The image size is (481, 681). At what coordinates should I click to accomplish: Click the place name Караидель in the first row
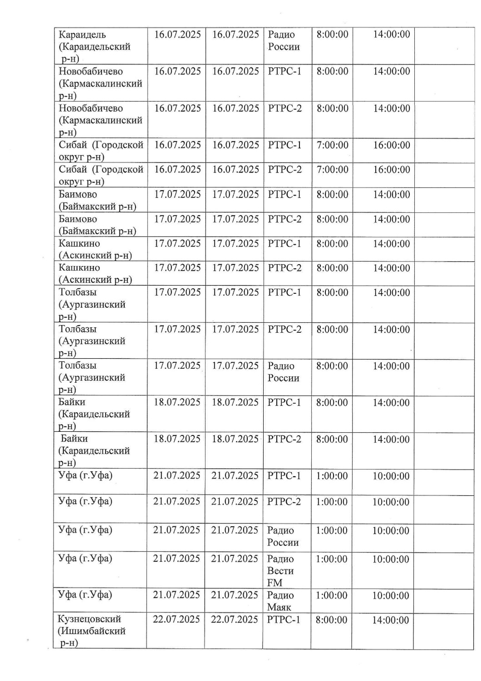pyautogui.click(x=82, y=35)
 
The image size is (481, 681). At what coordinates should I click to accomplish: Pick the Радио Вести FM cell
pyautogui.click(x=280, y=571)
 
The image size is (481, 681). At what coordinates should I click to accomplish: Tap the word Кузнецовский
pyautogui.click(x=89, y=619)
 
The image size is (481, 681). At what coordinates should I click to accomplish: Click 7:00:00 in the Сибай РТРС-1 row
pyautogui.click(x=332, y=145)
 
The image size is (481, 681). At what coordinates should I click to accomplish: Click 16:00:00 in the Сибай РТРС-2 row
pyautogui.click(x=391, y=170)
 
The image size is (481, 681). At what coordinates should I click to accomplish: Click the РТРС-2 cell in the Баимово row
pyautogui.click(x=285, y=219)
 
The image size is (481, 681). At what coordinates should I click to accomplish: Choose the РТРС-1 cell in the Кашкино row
pyautogui.click(x=285, y=243)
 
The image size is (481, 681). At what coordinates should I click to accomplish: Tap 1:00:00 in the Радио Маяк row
pyautogui.click(x=331, y=595)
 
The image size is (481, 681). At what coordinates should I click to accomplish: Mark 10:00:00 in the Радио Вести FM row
pyautogui.click(x=391, y=559)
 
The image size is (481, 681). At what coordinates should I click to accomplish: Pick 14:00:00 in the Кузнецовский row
pyautogui.click(x=390, y=620)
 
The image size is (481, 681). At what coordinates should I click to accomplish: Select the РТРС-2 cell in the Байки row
pyautogui.click(x=284, y=439)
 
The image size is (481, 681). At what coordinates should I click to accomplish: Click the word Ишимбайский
pyautogui.click(x=92, y=631)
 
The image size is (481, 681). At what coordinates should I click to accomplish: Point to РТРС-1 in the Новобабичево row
pyautogui.click(x=285, y=71)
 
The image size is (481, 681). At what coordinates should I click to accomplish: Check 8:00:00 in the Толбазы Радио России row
pyautogui.click(x=332, y=366)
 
